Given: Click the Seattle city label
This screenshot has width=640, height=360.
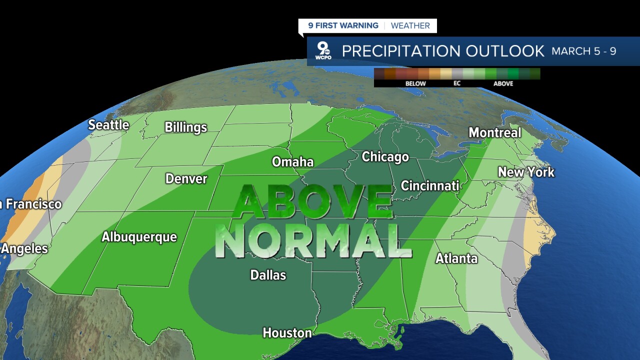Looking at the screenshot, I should (108, 125).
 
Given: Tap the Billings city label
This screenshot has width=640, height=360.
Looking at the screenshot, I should (185, 127).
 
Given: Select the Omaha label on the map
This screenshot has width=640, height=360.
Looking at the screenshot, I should (292, 162).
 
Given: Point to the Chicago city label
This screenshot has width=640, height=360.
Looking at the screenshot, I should (385, 157).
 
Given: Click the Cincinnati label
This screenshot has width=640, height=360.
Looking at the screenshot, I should (430, 186).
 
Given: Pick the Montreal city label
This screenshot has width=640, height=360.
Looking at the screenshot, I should (494, 133).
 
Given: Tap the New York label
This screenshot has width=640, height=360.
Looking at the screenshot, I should (526, 172).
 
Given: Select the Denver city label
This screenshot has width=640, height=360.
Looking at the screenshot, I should (186, 179).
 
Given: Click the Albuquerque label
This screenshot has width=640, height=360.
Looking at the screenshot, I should (139, 237).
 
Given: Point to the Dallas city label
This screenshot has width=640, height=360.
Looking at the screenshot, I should (268, 275).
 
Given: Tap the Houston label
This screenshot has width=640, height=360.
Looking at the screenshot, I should (287, 333).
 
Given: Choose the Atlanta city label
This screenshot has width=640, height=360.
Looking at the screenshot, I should (456, 258).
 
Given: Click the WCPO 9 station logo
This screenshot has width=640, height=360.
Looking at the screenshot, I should (323, 51).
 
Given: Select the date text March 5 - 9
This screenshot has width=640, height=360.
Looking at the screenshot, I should (583, 51).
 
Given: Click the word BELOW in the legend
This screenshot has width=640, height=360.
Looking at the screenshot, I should (415, 83).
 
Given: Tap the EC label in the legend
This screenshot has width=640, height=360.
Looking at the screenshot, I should (457, 83).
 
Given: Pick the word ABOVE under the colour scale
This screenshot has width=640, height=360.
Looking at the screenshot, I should (503, 83).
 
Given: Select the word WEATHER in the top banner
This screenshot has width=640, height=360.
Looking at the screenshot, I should (410, 25).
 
